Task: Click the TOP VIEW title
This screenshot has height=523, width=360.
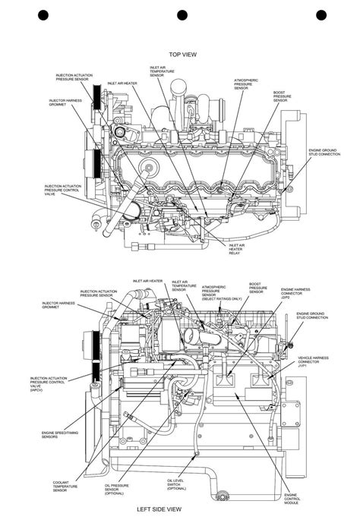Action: [183, 55]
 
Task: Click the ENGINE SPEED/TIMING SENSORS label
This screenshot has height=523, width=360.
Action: [55, 435]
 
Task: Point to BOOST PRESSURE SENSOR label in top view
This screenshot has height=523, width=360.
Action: [283, 96]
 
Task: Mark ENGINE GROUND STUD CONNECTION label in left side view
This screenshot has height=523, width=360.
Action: [311, 315]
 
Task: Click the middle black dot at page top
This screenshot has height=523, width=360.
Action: [182, 14]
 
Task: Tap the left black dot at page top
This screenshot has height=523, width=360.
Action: [43, 14]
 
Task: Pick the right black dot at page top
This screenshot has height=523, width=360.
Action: [321, 14]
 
